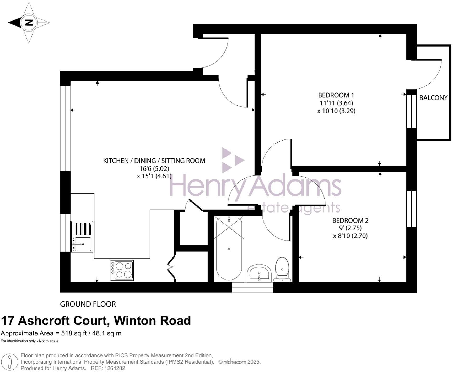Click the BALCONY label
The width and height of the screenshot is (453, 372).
click(433, 98)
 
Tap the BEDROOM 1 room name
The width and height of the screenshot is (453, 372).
click(336, 95)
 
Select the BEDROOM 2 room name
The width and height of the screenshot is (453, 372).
click(350, 220)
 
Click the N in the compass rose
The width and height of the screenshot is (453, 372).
click(28, 22)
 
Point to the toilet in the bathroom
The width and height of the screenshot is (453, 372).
click(282, 269)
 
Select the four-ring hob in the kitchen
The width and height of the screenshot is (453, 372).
click(122, 270)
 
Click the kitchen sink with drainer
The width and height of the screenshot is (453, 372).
click(82, 237)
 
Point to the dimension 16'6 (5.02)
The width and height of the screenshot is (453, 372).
click(154, 168)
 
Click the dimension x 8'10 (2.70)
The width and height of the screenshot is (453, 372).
click(350, 236)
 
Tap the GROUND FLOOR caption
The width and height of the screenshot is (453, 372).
click(88, 304)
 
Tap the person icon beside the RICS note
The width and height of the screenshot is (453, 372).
click(10, 362)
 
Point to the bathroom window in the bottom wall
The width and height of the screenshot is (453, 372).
click(252, 290)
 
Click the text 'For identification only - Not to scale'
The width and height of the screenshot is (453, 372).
click(29, 341)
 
